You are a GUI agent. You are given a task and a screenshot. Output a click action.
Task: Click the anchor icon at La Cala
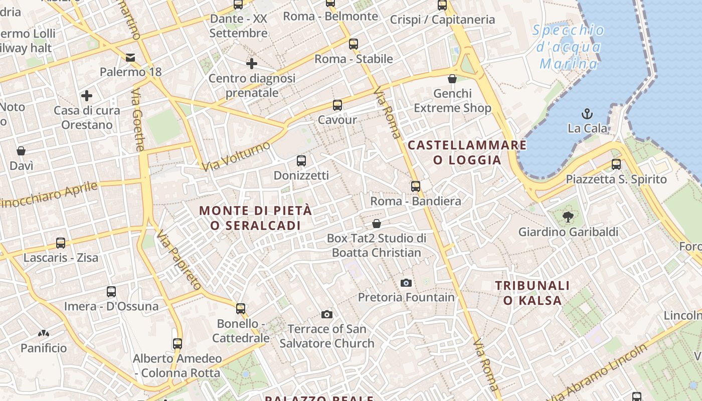click(587, 113)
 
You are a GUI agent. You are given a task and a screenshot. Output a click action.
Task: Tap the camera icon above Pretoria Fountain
click(406, 283)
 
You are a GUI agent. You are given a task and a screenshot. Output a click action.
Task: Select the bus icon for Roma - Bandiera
click(416, 186)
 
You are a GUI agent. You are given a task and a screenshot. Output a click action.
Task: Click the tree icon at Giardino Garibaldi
click(568, 217)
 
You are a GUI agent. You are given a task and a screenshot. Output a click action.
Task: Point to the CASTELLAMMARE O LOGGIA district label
click(467, 153)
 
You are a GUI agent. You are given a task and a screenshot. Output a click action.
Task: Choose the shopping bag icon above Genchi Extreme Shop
click(452, 79)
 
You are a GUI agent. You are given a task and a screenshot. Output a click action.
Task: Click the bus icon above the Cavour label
click(337, 105)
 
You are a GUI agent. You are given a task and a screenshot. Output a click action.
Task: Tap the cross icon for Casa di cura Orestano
click(87, 95)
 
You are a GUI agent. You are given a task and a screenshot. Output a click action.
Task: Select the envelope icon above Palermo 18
click(130, 57)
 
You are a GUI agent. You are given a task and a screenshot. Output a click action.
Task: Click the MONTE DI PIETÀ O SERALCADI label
click(256, 218)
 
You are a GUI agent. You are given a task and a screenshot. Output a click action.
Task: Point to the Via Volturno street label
click(237, 156)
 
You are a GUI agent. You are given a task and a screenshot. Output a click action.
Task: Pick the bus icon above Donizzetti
click(301, 161)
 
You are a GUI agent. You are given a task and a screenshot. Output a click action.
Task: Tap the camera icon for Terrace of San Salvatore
click(327, 314)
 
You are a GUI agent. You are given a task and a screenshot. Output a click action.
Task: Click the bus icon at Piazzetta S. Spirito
click(616, 164)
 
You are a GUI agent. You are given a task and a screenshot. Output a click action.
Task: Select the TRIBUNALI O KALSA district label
click(533, 293)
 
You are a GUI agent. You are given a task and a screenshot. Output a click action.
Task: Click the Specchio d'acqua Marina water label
click(569, 47)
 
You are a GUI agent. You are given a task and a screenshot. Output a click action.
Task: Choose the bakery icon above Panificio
click(43, 333)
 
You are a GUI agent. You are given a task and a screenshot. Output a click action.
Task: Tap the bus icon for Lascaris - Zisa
click(61, 243)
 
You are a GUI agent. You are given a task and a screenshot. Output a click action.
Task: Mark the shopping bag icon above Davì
click(21, 151)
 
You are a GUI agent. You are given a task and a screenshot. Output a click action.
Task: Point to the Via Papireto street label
click(179, 261)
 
